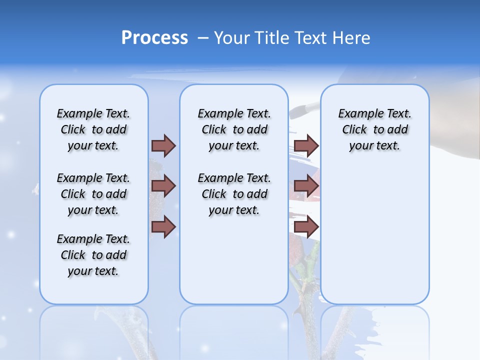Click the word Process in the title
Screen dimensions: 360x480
[154, 38]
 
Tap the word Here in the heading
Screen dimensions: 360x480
[351, 38]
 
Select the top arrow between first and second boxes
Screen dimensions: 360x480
[163, 145]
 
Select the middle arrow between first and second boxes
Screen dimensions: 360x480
[163, 186]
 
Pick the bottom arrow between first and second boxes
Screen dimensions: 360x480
[163, 227]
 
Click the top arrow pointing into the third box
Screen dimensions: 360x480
[306, 145]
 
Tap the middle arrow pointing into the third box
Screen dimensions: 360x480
[306, 186]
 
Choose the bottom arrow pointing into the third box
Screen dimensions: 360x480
[306, 227]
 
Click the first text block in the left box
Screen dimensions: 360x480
[93, 129]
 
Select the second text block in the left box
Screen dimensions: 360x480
[93, 194]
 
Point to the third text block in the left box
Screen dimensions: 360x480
[93, 255]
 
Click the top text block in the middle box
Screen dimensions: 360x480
[234, 129]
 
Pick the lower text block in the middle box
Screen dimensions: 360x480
[234, 194]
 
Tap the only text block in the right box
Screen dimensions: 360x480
[375, 129]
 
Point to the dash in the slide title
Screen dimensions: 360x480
[203, 38]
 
